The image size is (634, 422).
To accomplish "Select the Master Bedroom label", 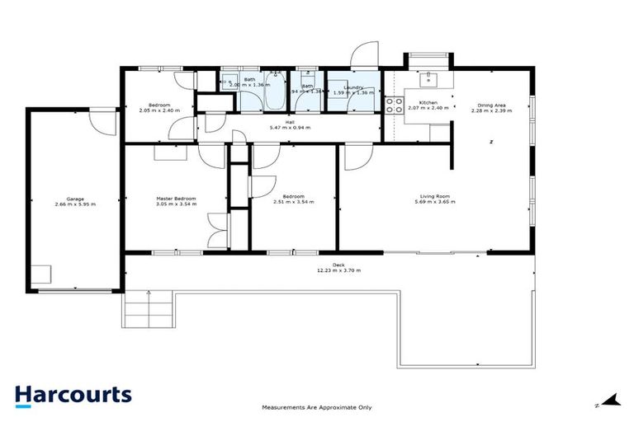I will [176, 198].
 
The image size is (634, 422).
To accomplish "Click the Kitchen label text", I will [428, 102].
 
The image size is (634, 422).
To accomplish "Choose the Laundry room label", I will [353, 87].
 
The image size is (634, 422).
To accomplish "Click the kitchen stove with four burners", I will [394, 105].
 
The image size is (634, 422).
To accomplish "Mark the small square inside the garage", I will [40, 274].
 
